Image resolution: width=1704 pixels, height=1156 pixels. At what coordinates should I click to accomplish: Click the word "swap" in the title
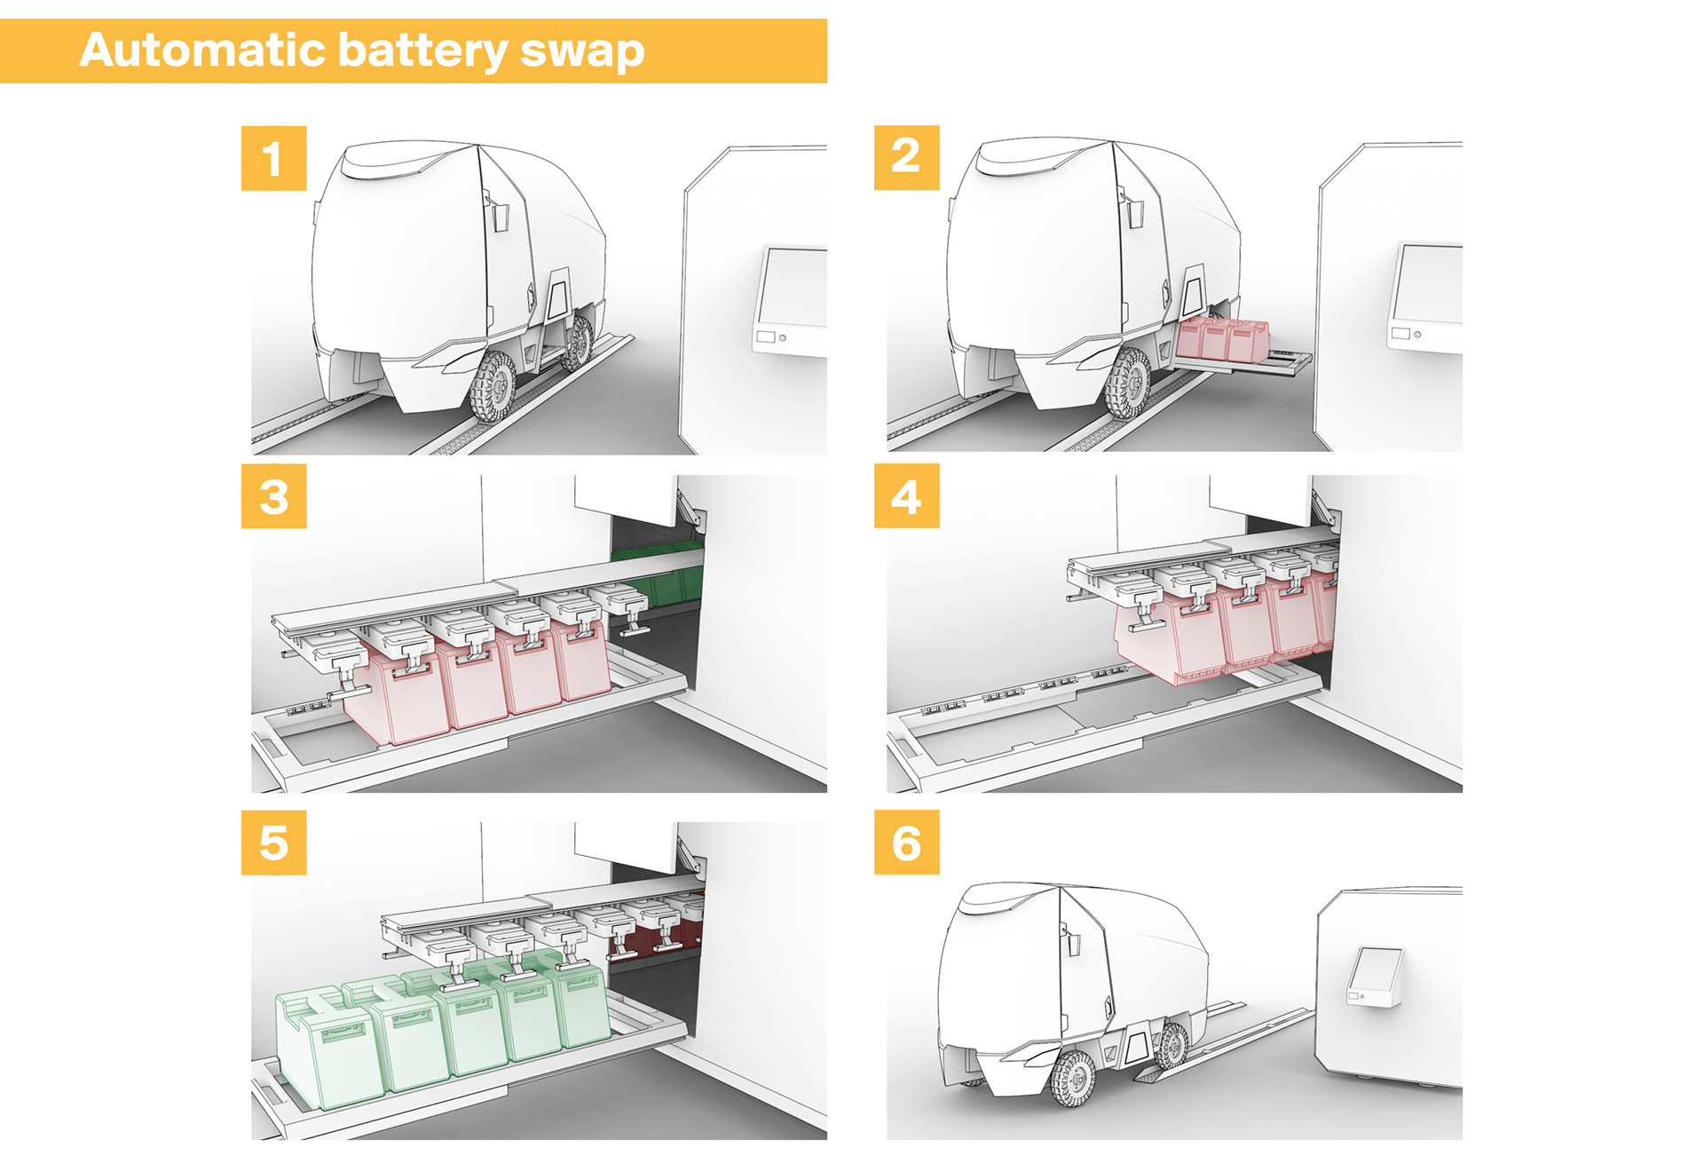(x=581, y=51)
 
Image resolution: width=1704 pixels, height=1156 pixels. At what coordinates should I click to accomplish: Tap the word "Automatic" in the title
(x=203, y=50)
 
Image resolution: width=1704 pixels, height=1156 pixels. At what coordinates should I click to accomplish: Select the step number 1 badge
(x=273, y=158)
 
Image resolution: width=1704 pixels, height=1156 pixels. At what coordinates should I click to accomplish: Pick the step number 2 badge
(x=906, y=157)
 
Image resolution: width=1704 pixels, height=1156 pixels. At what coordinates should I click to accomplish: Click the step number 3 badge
(x=273, y=496)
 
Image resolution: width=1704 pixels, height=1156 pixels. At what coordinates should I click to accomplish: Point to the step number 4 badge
(x=906, y=496)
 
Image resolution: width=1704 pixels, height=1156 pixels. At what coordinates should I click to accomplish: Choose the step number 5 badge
(x=273, y=843)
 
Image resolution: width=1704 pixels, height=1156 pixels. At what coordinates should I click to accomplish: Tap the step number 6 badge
(x=906, y=843)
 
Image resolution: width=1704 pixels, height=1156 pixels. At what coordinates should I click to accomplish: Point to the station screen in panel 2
(x=1427, y=284)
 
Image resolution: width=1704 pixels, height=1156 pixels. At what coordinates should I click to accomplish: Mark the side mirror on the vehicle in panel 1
(x=498, y=214)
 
